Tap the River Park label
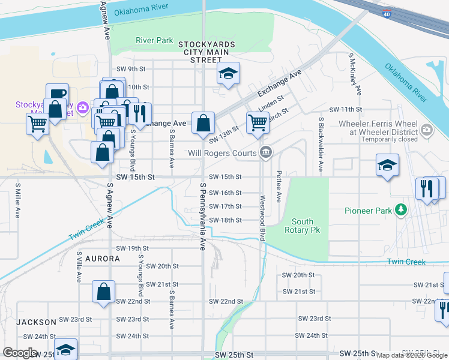click(154, 41)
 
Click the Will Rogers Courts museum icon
click(265, 153)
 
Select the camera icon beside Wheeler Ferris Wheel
click(427, 129)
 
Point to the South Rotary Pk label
click(302, 226)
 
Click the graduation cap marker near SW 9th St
click(228, 74)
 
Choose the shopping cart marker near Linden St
click(258, 123)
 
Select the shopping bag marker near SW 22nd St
click(104, 292)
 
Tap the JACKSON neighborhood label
click(36, 322)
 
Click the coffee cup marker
click(57, 94)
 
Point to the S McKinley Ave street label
click(354, 74)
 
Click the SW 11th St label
click(346, 110)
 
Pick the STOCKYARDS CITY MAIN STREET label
click(206, 52)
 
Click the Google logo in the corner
click(20, 353)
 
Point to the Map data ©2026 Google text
click(412, 355)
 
